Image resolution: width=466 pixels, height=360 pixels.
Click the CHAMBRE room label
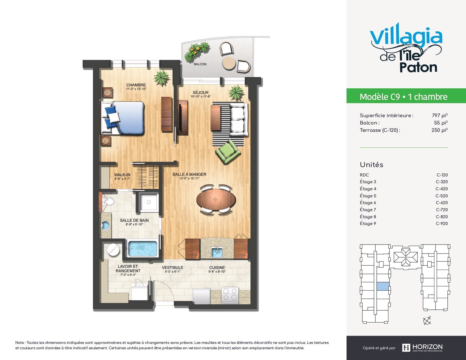(x=136, y=85)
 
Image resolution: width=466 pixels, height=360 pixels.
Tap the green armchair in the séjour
(x=228, y=152)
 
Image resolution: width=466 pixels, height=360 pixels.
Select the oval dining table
(x=216, y=200)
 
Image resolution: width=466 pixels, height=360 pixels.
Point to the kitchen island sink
(x=217, y=252)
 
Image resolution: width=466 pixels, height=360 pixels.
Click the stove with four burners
(x=230, y=295)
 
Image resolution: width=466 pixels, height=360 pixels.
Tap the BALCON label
(x=200, y=64)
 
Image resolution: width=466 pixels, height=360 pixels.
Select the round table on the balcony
(x=229, y=63)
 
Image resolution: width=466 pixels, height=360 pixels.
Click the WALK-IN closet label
(x=122, y=175)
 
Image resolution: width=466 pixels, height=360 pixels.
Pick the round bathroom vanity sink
(x=105, y=226)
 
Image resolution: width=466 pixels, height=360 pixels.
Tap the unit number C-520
(x=441, y=196)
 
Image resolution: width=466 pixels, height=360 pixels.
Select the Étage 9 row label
(x=368, y=223)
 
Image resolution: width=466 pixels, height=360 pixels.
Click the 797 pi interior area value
(x=440, y=115)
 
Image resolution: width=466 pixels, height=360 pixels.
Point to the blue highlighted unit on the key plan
(x=383, y=286)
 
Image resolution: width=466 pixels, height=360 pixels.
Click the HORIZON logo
(x=422, y=348)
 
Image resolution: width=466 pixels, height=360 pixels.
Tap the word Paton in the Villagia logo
(x=418, y=67)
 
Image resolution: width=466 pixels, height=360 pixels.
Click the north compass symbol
(x=427, y=321)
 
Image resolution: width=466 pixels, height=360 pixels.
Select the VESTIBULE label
(x=172, y=268)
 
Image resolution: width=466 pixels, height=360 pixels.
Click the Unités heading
(x=371, y=165)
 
